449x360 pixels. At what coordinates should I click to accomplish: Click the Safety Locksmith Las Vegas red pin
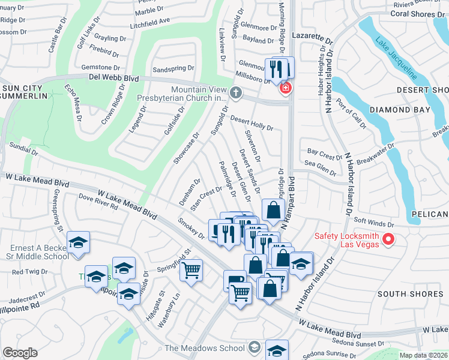(x=388, y=240)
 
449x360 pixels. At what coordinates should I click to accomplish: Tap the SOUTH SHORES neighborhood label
(x=402, y=293)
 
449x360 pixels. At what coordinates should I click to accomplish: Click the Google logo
(x=20, y=353)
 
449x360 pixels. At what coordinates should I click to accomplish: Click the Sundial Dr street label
(x=24, y=149)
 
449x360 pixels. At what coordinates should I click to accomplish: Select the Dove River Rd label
(x=98, y=201)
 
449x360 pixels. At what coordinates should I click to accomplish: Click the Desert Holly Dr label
(x=252, y=123)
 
